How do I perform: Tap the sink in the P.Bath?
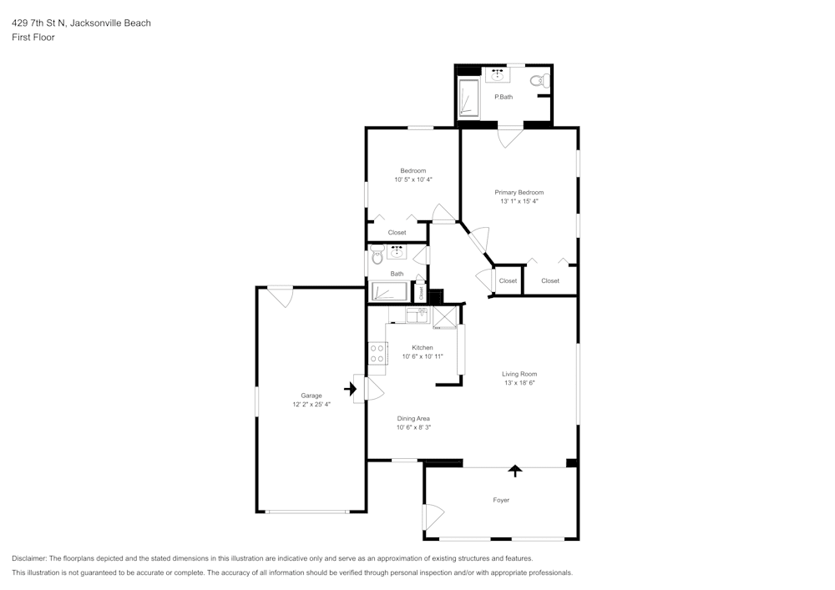pos(498,75)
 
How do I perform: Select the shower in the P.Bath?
pos(469,98)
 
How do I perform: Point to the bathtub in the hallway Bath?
pos(388,292)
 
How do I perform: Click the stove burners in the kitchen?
pos(377,353)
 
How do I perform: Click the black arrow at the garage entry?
pos(349,388)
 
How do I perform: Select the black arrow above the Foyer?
pos(515,471)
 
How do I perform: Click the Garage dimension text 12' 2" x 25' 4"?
pos(311,405)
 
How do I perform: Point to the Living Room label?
pos(519,374)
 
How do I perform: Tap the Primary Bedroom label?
pos(519,192)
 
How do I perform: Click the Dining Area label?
pos(413,419)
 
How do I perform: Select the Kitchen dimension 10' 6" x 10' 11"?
pos(422,356)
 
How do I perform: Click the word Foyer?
pos(501,500)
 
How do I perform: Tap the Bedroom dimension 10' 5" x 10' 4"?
pos(413,179)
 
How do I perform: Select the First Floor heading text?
pos(33,38)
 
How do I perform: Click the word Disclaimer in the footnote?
pos(29,558)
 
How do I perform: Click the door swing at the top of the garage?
pos(281,296)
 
